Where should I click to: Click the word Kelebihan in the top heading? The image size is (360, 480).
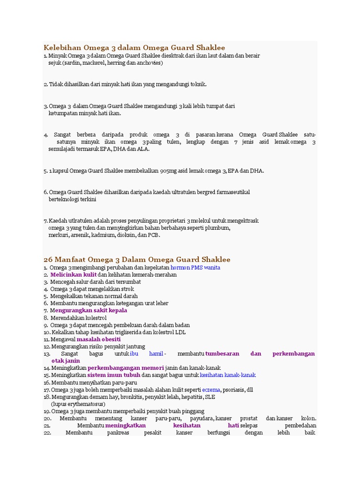click(62, 47)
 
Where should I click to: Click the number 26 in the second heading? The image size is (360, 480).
click(48, 259)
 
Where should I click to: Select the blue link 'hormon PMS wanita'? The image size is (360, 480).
click(195, 268)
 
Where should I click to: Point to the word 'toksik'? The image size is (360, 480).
click(197, 84)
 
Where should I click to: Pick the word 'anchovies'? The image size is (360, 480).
click(148, 62)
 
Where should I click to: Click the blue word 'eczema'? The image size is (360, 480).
click(211, 390)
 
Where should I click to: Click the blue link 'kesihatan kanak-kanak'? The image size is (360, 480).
click(228, 375)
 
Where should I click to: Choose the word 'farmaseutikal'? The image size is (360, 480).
click(232, 192)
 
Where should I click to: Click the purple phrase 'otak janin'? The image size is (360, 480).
click(65, 361)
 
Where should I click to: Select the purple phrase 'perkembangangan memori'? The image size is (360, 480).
click(126, 368)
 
